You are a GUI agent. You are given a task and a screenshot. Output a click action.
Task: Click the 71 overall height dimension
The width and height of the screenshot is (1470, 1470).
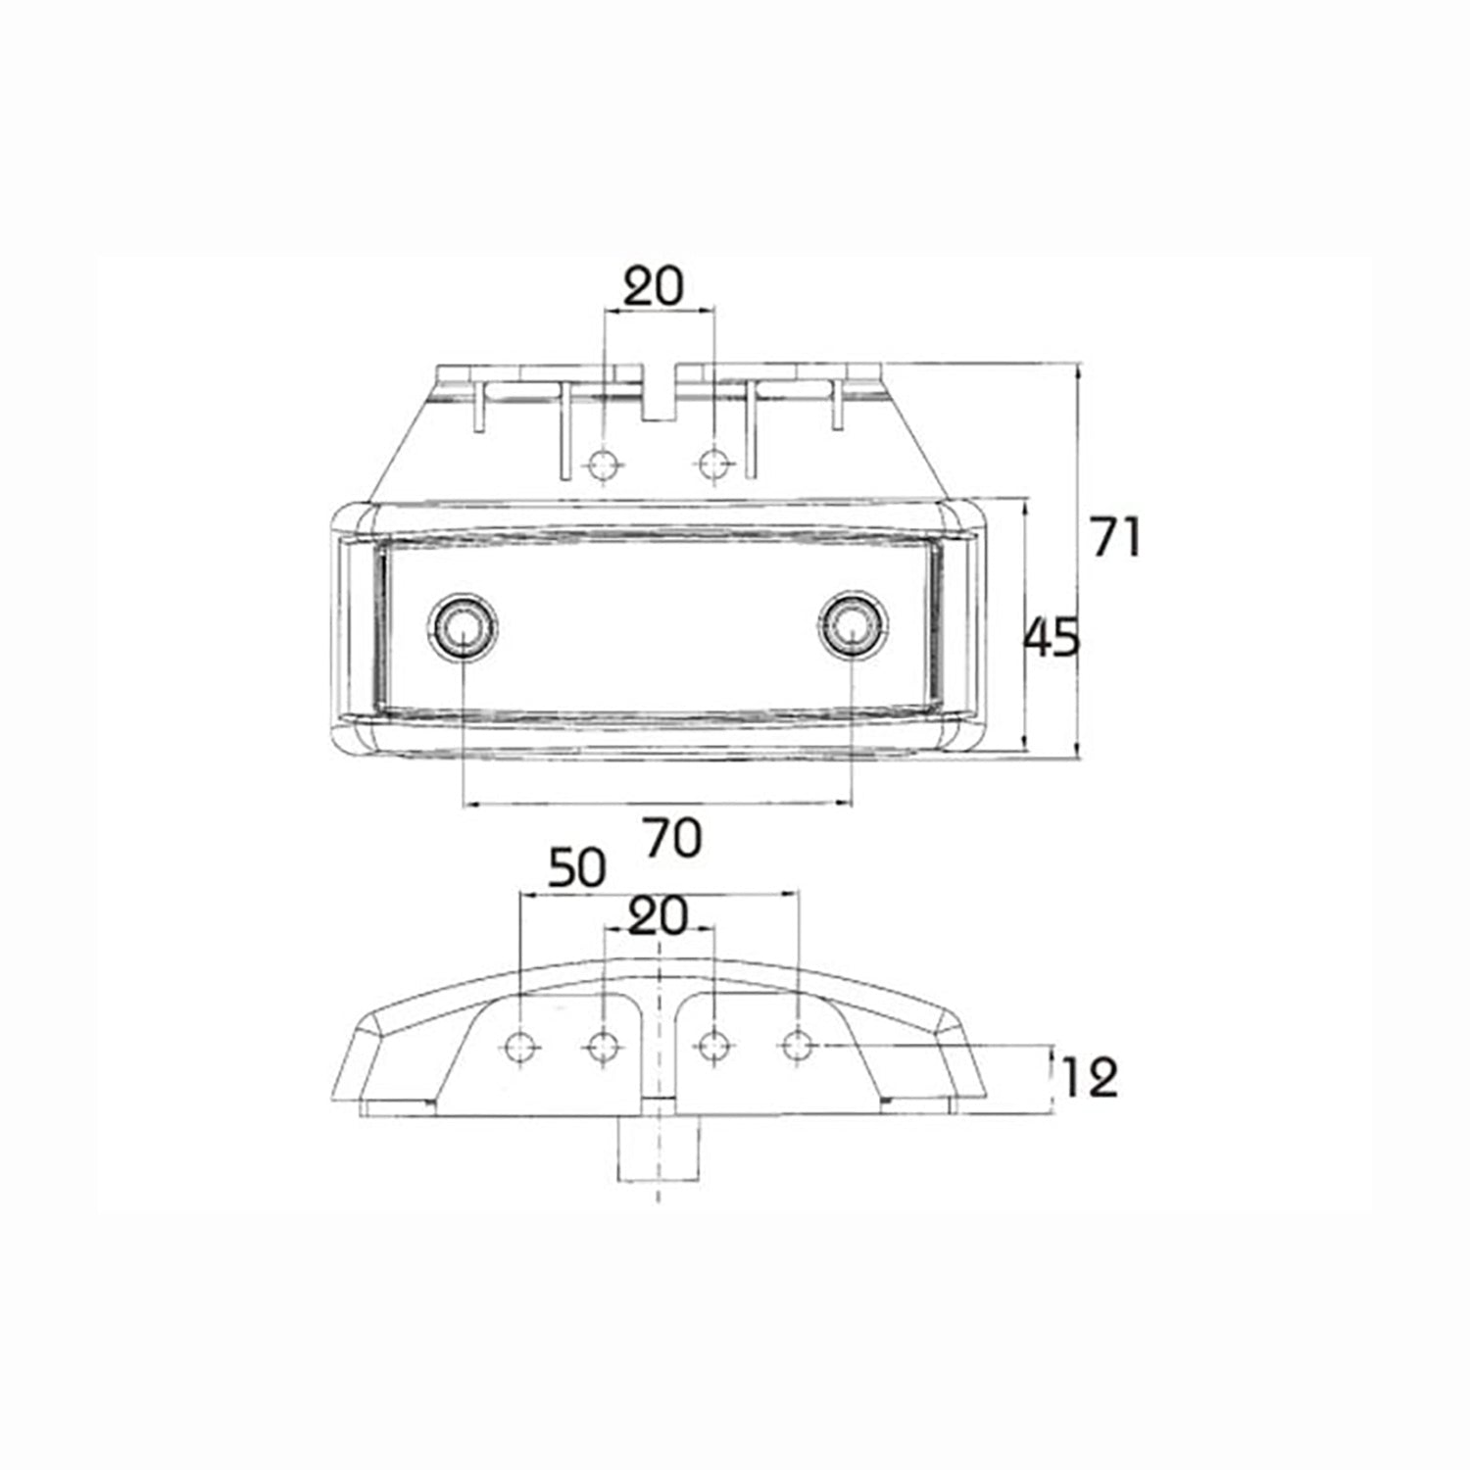[x=1116, y=538]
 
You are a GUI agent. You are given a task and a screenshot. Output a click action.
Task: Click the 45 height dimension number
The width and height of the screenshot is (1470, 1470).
[x=1051, y=638]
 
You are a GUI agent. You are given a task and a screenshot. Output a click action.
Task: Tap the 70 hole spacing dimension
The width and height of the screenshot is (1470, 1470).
[x=673, y=839]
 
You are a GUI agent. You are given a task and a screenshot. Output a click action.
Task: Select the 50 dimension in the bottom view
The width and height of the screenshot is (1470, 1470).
[x=576, y=869]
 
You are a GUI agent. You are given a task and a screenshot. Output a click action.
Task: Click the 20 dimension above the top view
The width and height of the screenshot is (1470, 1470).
[x=655, y=287]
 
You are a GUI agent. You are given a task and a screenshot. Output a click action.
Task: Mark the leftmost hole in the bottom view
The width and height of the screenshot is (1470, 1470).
[x=520, y=1047]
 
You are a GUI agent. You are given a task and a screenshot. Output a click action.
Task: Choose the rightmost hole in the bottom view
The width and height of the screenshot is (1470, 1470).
[x=799, y=1047]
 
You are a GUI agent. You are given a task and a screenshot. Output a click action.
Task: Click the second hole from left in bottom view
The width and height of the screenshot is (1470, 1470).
[x=603, y=1047]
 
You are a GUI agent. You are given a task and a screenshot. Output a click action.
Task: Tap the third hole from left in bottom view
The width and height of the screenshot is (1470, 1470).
[x=715, y=1047]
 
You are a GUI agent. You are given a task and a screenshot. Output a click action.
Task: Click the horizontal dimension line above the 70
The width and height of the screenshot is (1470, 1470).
[x=657, y=804]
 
